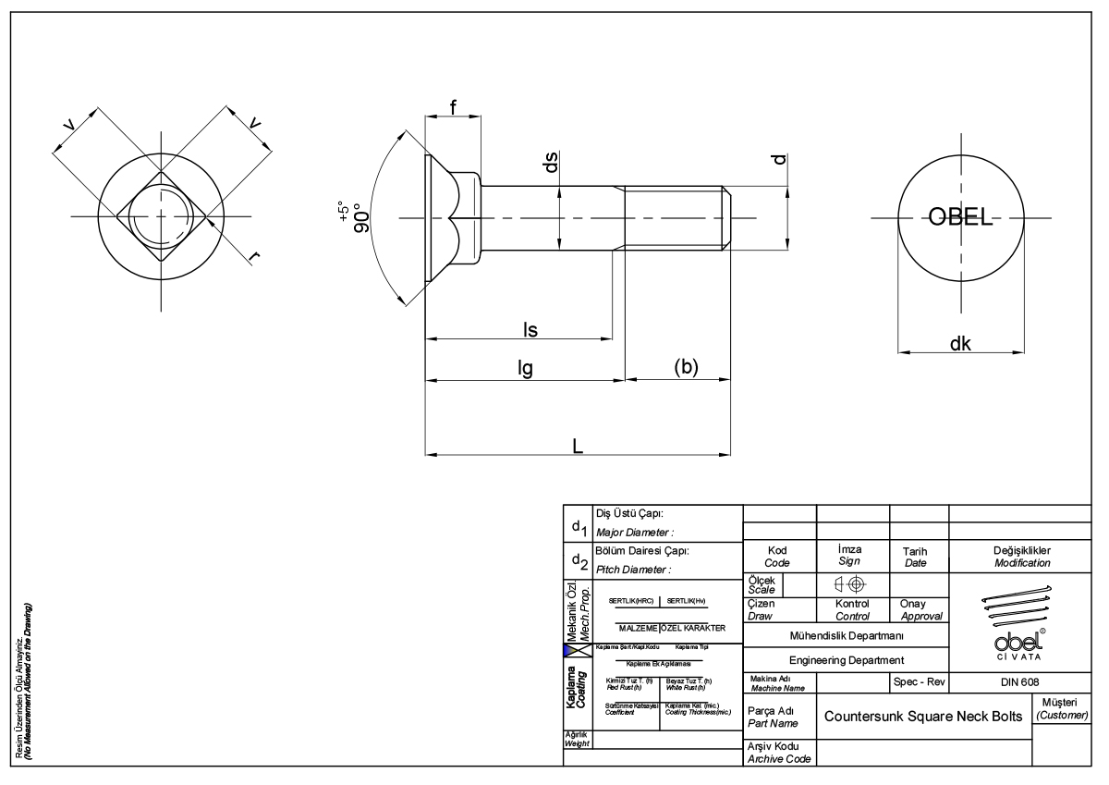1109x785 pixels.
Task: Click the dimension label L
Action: click(x=577, y=445)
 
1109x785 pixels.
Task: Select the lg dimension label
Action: click(x=524, y=368)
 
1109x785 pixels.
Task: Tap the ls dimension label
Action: click(x=530, y=329)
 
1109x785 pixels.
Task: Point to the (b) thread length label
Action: click(x=686, y=366)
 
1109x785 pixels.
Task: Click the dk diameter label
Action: click(x=960, y=343)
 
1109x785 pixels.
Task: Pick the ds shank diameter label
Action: click(x=550, y=164)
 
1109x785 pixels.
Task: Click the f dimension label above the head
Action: click(x=453, y=106)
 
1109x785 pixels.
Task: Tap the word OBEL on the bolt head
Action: click(x=960, y=219)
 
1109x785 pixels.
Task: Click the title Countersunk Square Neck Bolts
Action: click(x=924, y=717)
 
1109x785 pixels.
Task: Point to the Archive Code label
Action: click(x=778, y=758)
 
